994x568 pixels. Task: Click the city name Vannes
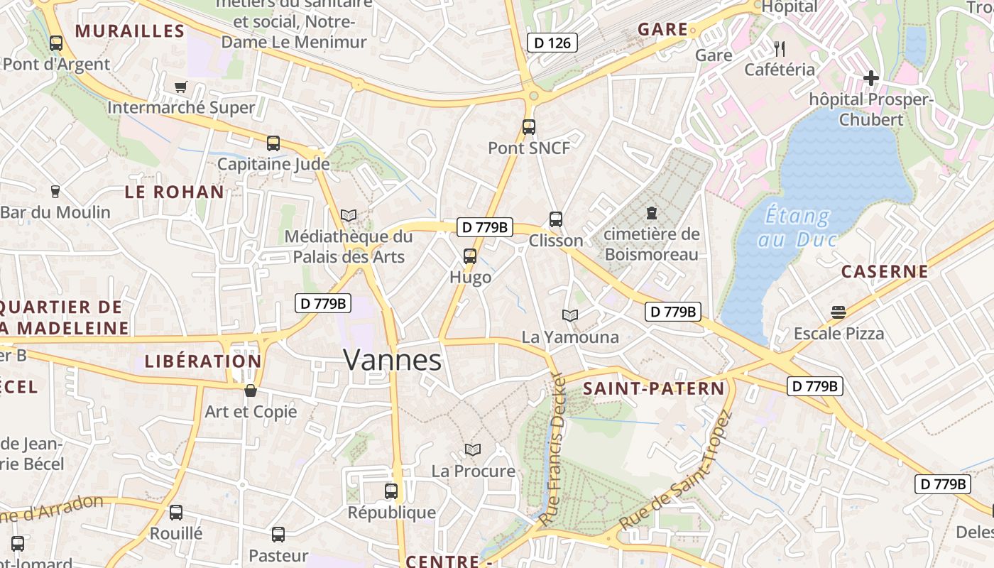pos(393,360)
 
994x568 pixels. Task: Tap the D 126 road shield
pos(552,43)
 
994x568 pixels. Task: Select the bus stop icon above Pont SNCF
pos(529,127)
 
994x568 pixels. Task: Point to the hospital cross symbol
pos(871,77)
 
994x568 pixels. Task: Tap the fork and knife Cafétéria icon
pos(780,48)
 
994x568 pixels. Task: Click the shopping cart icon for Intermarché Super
pos(180,87)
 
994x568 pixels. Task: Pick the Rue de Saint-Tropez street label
pos(675,471)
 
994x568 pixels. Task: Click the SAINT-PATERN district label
pos(654,388)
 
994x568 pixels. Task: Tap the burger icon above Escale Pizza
pos(839,312)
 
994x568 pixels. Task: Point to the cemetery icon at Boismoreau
pos(651,212)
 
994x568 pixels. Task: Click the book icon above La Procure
pos(473,449)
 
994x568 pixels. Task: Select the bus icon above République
pos(391,491)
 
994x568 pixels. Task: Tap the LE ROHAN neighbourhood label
pos(175,192)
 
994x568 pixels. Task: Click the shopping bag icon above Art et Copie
pos(251,390)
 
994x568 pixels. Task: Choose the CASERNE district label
pos(885,271)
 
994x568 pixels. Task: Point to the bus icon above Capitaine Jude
pos(273,143)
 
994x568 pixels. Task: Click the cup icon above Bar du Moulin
pos(55,191)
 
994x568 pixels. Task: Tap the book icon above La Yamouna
pos(570,315)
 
